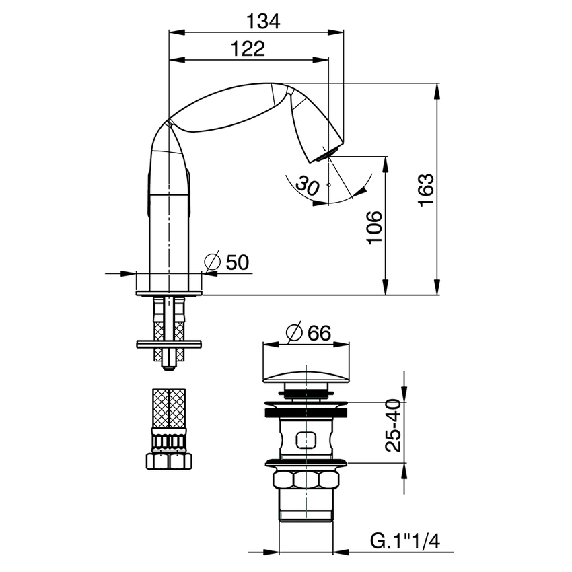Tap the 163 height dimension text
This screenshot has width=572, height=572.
click(x=425, y=190)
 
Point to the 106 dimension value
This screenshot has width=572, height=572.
click(x=374, y=227)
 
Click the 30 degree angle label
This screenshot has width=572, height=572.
click(x=307, y=186)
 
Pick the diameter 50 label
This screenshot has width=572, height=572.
click(x=228, y=262)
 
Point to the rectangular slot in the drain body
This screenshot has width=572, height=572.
click(x=307, y=439)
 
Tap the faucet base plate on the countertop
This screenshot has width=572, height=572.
click(x=168, y=292)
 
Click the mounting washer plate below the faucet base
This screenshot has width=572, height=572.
click(x=168, y=343)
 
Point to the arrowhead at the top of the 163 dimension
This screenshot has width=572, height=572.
click(x=439, y=90)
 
